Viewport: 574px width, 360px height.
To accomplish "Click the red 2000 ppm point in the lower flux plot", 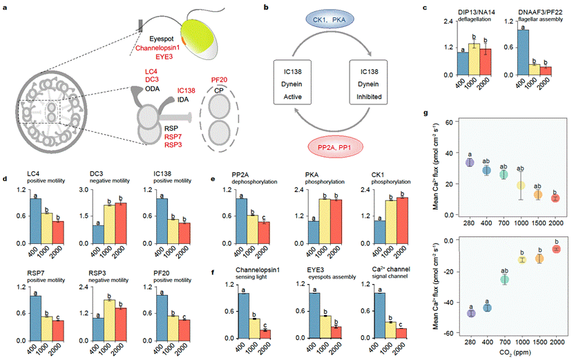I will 555,249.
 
